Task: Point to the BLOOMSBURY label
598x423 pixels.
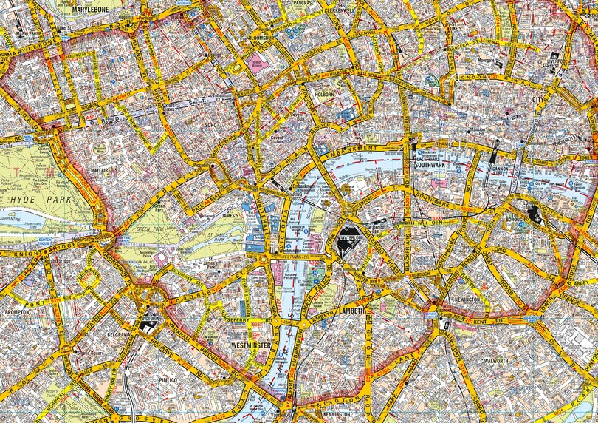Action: coord(263,35)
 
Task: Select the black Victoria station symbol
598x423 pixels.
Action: coord(146,323)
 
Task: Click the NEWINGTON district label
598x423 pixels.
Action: coord(470,300)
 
